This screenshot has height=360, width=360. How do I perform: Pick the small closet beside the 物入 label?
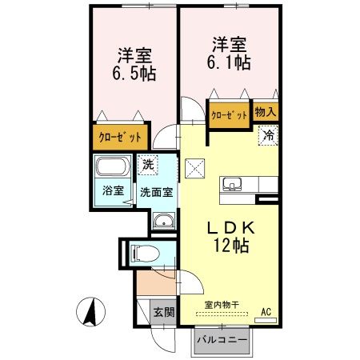tap(230, 114)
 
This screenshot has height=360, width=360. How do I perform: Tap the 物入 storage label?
tap(266, 113)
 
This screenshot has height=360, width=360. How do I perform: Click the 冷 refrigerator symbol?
tap(270, 136)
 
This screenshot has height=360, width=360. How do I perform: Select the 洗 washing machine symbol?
tap(146, 166)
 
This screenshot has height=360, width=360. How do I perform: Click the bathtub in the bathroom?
tap(110, 170)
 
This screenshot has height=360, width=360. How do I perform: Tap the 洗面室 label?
tap(157, 192)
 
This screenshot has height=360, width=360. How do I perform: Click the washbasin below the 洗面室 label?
tap(163, 221)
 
